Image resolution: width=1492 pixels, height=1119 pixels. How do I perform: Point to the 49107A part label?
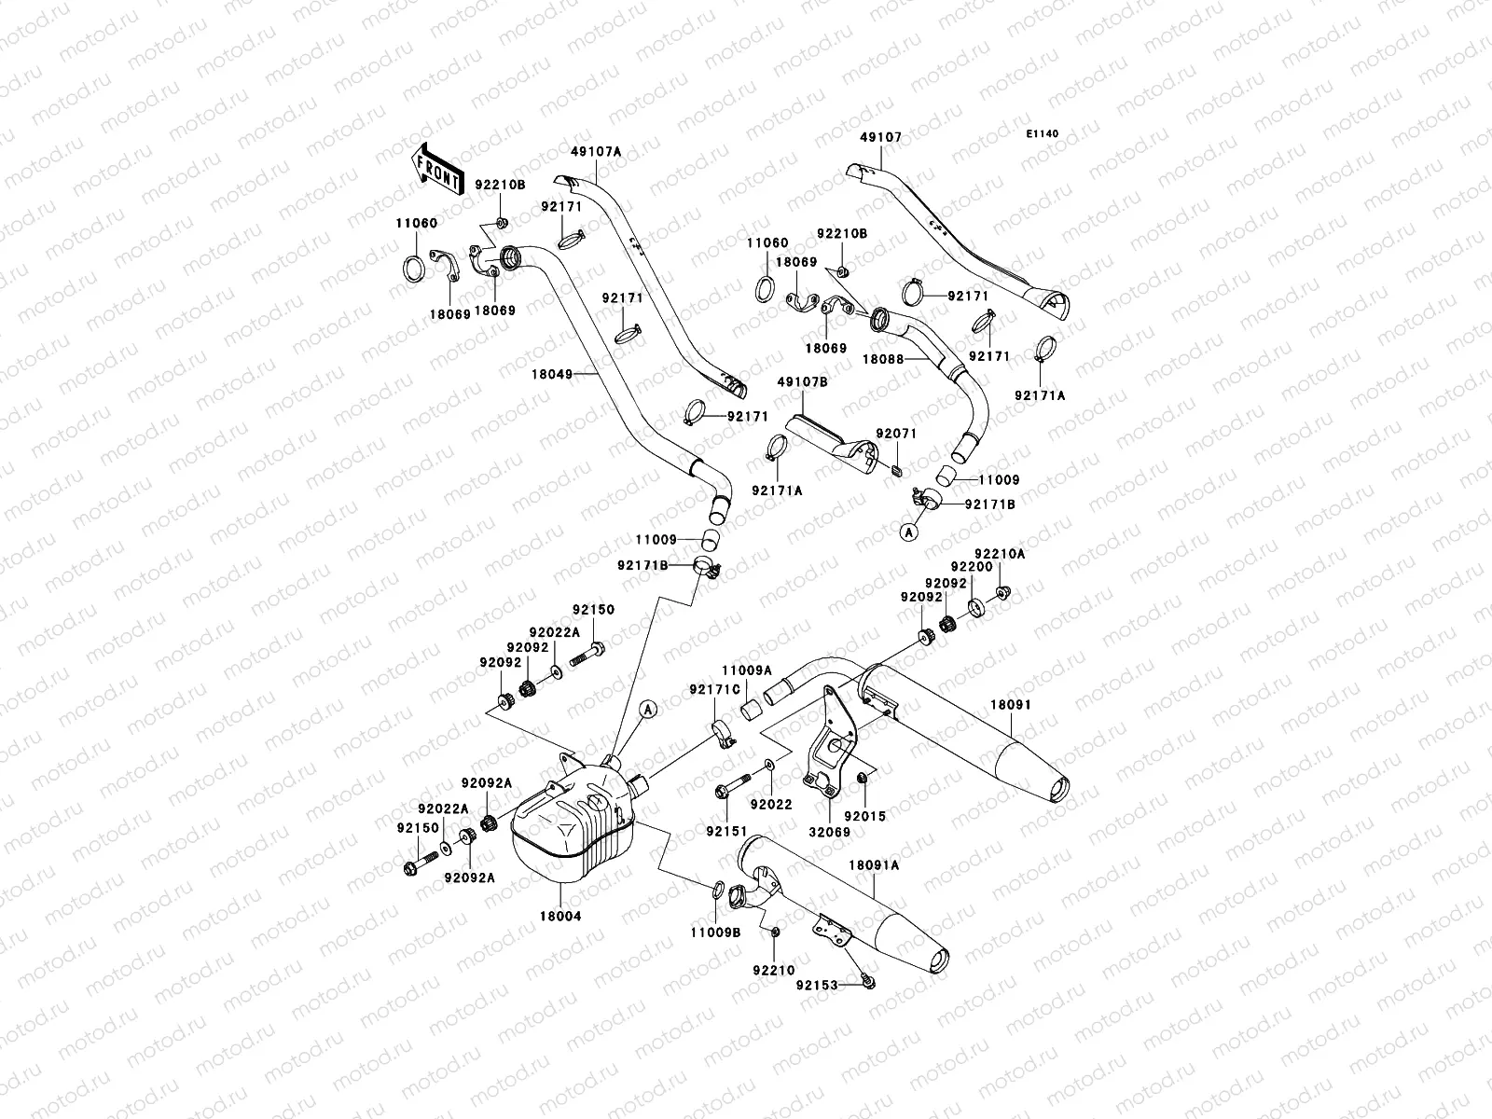[x=597, y=150]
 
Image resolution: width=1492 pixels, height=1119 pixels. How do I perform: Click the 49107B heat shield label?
[x=803, y=381]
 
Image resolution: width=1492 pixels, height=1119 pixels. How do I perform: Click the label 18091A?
[x=874, y=865]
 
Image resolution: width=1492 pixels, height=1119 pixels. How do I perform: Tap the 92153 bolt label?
[x=817, y=985]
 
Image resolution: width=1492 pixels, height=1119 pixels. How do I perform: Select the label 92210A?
[x=1000, y=554]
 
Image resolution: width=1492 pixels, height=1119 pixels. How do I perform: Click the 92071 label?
[x=896, y=435]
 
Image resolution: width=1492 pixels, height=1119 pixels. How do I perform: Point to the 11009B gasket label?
[x=715, y=932]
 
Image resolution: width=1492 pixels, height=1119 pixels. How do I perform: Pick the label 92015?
[x=866, y=815]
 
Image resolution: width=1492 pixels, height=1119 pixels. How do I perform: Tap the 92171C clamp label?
[x=715, y=689]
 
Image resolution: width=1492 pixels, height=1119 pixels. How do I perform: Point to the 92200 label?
[x=971, y=566]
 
